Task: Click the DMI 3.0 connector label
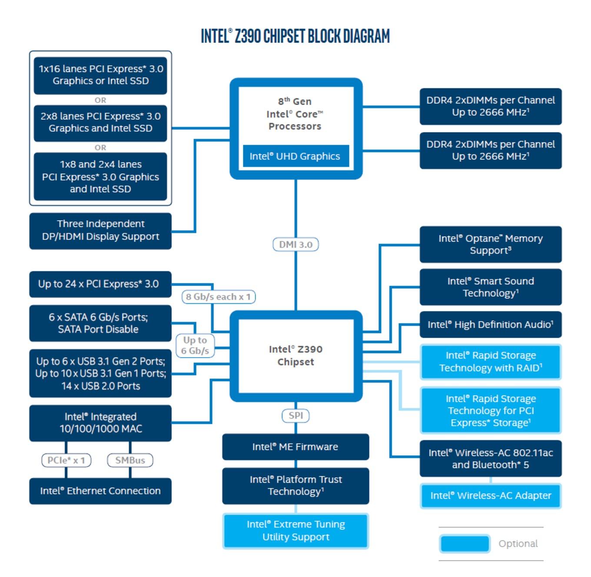295,244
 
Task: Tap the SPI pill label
295,415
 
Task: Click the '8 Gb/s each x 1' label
218,296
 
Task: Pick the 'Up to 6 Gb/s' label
195,345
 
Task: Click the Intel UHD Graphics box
296,156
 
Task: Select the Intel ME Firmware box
295,446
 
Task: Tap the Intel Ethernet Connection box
100,491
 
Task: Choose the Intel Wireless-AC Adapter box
491,495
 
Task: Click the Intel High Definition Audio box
491,324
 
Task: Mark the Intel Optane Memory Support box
491,244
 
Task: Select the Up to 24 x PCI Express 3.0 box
100,284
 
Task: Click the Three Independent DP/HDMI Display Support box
100,231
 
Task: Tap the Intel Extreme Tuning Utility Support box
295,531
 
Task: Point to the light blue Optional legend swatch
465,543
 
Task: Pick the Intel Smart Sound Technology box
491,287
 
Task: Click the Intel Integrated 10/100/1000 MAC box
100,423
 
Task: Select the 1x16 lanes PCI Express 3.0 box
100,75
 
